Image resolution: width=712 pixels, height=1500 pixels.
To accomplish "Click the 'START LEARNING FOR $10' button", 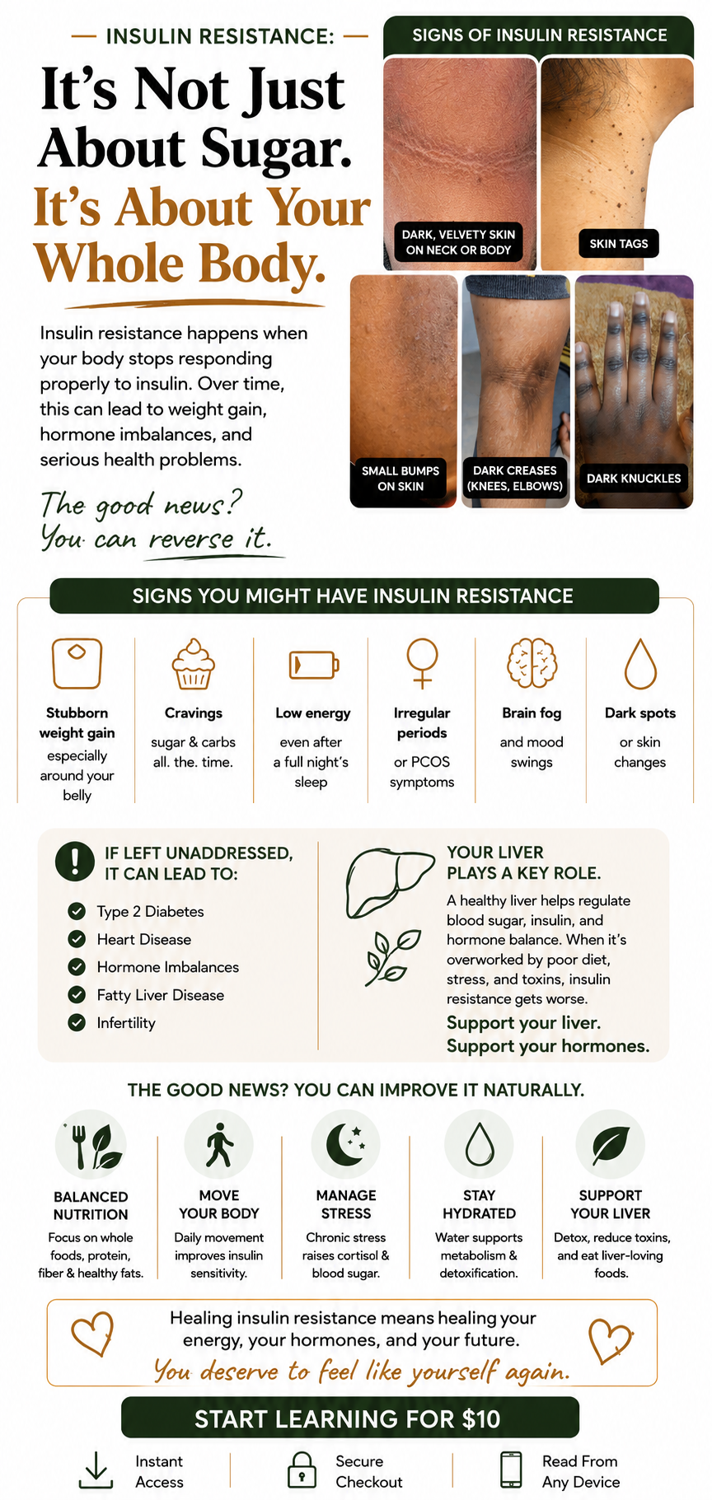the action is click(350, 1418).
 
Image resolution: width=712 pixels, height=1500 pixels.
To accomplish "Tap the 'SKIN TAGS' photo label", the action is click(618, 244).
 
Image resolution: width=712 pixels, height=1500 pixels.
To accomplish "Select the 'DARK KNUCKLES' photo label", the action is click(633, 479).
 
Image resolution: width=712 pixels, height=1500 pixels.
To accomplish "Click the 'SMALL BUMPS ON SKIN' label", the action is click(400, 479).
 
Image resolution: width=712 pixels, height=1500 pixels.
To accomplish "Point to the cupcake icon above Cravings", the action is click(193, 663).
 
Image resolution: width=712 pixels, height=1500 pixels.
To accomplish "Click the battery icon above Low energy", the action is click(313, 664).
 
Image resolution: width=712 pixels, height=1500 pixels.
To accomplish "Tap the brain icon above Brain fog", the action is click(532, 663).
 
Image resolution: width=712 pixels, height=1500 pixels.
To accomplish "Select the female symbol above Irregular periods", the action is click(422, 663).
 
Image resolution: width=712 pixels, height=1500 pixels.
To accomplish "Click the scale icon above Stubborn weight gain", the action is click(77, 663).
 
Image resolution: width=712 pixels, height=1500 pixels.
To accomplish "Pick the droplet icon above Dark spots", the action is click(640, 664).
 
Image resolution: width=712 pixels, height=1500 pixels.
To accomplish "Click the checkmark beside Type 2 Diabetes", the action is click(77, 911).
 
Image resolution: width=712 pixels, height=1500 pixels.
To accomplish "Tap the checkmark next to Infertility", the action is click(77, 1022).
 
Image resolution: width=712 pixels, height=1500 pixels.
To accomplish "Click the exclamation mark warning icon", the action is click(75, 861).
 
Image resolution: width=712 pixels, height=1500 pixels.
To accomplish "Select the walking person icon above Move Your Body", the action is click(219, 1144).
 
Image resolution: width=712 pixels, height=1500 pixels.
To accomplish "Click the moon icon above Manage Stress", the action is click(346, 1144).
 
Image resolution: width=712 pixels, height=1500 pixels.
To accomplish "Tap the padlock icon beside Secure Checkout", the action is click(302, 1470).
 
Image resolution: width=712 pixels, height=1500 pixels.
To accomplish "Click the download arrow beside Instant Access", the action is click(96, 1470).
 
